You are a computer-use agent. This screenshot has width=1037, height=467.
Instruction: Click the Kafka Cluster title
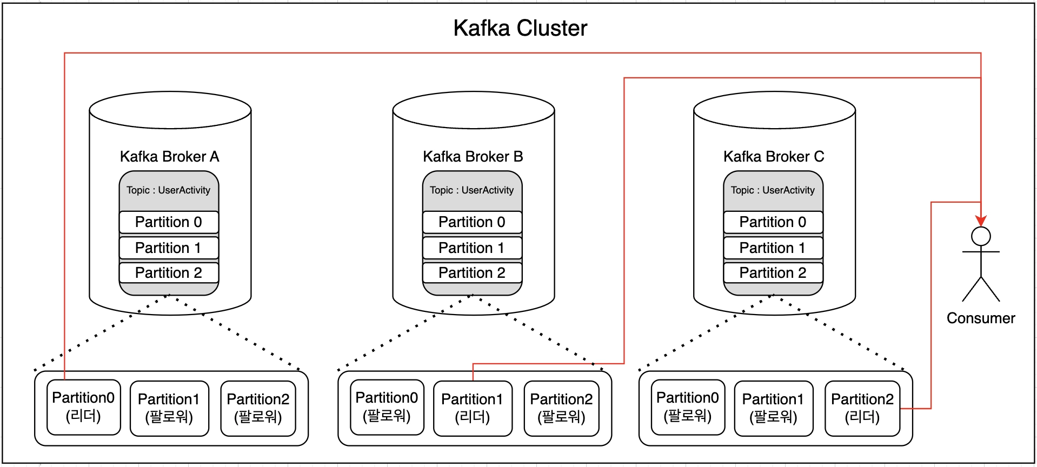[x=520, y=28]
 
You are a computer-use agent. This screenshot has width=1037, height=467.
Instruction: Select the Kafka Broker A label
[x=169, y=157]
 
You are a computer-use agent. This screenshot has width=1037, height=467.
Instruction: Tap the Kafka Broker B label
[x=473, y=157]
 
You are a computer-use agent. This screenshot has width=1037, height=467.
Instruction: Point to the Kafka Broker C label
[x=774, y=157]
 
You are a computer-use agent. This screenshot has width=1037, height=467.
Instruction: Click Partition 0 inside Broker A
[x=169, y=222]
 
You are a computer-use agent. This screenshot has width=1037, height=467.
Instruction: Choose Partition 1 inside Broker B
[x=472, y=248]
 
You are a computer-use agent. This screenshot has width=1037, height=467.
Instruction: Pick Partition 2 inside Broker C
[x=773, y=273]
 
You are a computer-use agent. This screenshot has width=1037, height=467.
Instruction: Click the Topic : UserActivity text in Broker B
[x=472, y=190]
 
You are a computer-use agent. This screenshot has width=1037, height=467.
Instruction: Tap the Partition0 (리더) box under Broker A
[x=83, y=407]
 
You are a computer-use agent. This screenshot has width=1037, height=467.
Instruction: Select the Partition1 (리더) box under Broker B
[x=473, y=408]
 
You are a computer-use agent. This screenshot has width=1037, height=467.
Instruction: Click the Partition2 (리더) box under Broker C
[x=862, y=408]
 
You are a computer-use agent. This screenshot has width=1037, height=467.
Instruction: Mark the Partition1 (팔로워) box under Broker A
[x=169, y=408]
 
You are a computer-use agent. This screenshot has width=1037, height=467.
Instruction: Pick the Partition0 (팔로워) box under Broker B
[x=387, y=407]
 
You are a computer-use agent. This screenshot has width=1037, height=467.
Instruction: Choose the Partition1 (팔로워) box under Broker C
[x=773, y=408]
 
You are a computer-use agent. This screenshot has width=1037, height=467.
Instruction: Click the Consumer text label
[x=981, y=318]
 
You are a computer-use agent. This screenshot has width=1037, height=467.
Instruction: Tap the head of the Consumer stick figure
[x=981, y=237]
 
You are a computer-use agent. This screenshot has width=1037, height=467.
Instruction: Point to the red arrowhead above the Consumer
[x=981, y=221]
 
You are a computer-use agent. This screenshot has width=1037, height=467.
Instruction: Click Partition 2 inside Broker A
[x=169, y=273]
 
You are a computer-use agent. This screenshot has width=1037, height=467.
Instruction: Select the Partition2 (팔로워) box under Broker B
[x=561, y=408]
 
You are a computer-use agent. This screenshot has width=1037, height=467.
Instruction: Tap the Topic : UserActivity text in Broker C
[x=773, y=190]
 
